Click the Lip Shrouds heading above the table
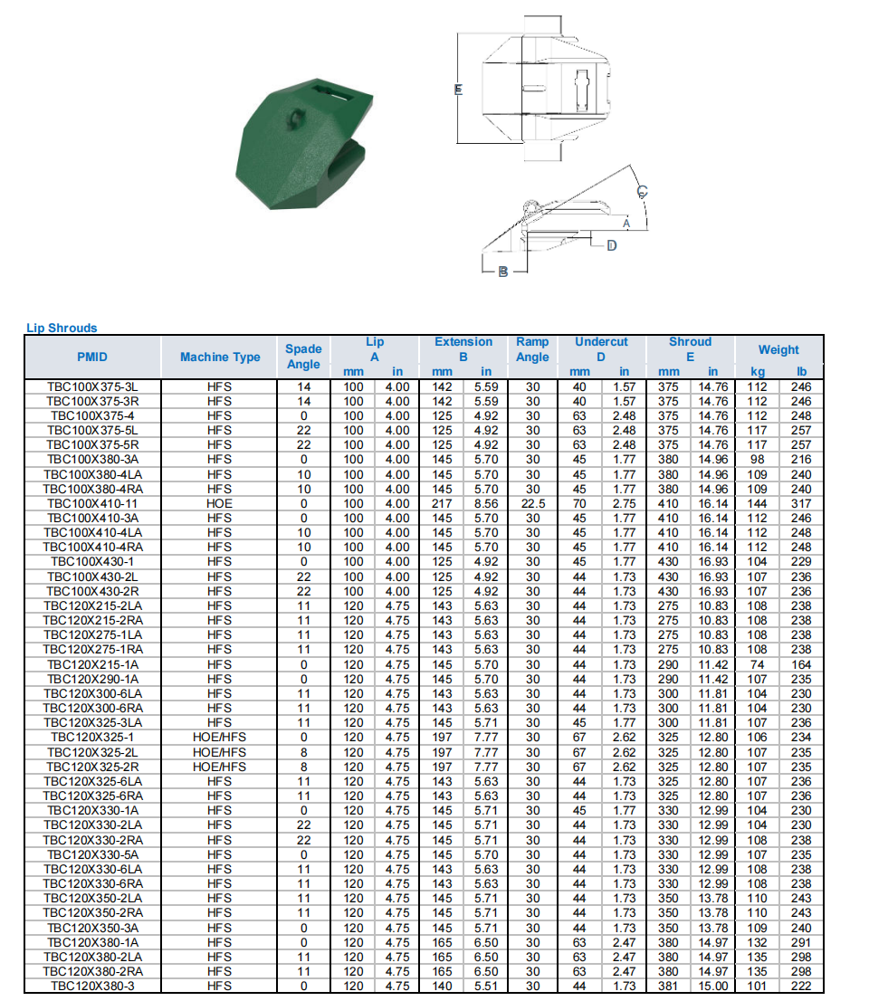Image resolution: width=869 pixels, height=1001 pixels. pos(62,328)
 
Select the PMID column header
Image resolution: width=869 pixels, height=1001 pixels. pos(92,357)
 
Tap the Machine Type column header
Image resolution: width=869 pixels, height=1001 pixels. pos(219,357)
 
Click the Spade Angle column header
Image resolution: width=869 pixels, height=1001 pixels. pos(303,356)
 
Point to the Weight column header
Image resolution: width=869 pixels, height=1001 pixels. pos(778,349)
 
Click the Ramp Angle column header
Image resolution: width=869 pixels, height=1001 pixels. pos(532,349)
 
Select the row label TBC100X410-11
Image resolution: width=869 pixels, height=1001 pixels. pos(92,503)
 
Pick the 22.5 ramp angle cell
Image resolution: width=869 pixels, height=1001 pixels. pos(532,503)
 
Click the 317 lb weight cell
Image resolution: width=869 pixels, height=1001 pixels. pos(801,503)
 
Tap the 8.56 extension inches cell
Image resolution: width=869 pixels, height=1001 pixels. pos(486,503)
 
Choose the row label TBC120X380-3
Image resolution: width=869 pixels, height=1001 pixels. pos(92,986)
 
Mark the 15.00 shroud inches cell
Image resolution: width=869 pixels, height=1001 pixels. pos(713,986)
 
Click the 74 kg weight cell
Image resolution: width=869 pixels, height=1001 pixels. pos(757,664)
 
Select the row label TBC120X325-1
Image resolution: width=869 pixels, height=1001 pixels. pos(92,737)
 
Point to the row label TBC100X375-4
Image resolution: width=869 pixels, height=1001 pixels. pos(92,415)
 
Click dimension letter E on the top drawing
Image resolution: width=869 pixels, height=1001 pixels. pos(459,89)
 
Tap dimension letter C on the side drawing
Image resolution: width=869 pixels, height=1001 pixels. pos(642,191)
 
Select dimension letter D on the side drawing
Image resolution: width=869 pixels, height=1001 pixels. pos(611,245)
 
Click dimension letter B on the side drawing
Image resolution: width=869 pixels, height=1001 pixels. pos(503,272)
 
